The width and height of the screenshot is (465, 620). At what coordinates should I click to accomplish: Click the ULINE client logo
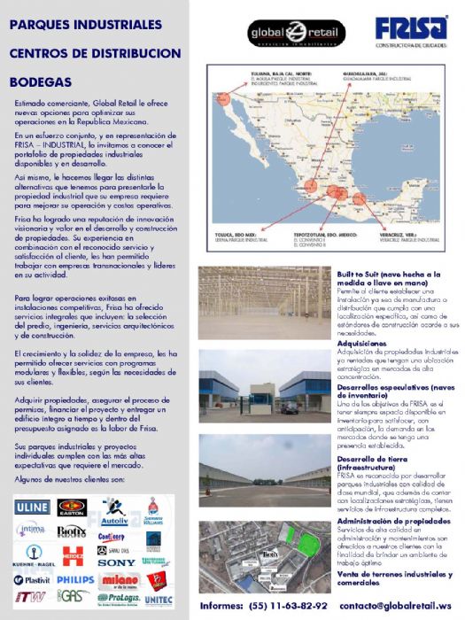click(x=32, y=507)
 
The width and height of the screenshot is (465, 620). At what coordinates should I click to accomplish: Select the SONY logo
click(x=116, y=562)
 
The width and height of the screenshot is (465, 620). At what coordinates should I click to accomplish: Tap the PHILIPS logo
click(x=75, y=578)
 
